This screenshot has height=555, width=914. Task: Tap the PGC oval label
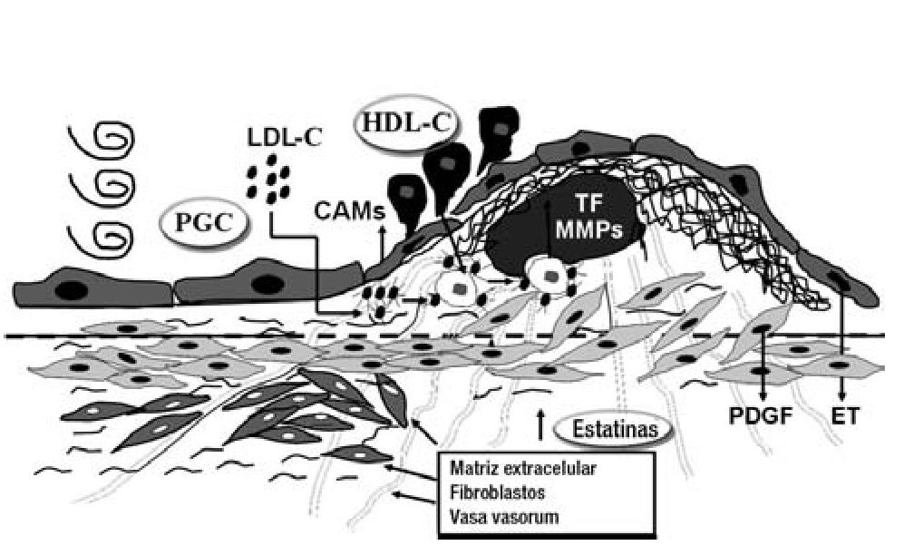click(205, 220)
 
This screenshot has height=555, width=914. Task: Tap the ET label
click(845, 417)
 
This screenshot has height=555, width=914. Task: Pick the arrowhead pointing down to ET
click(844, 396)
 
